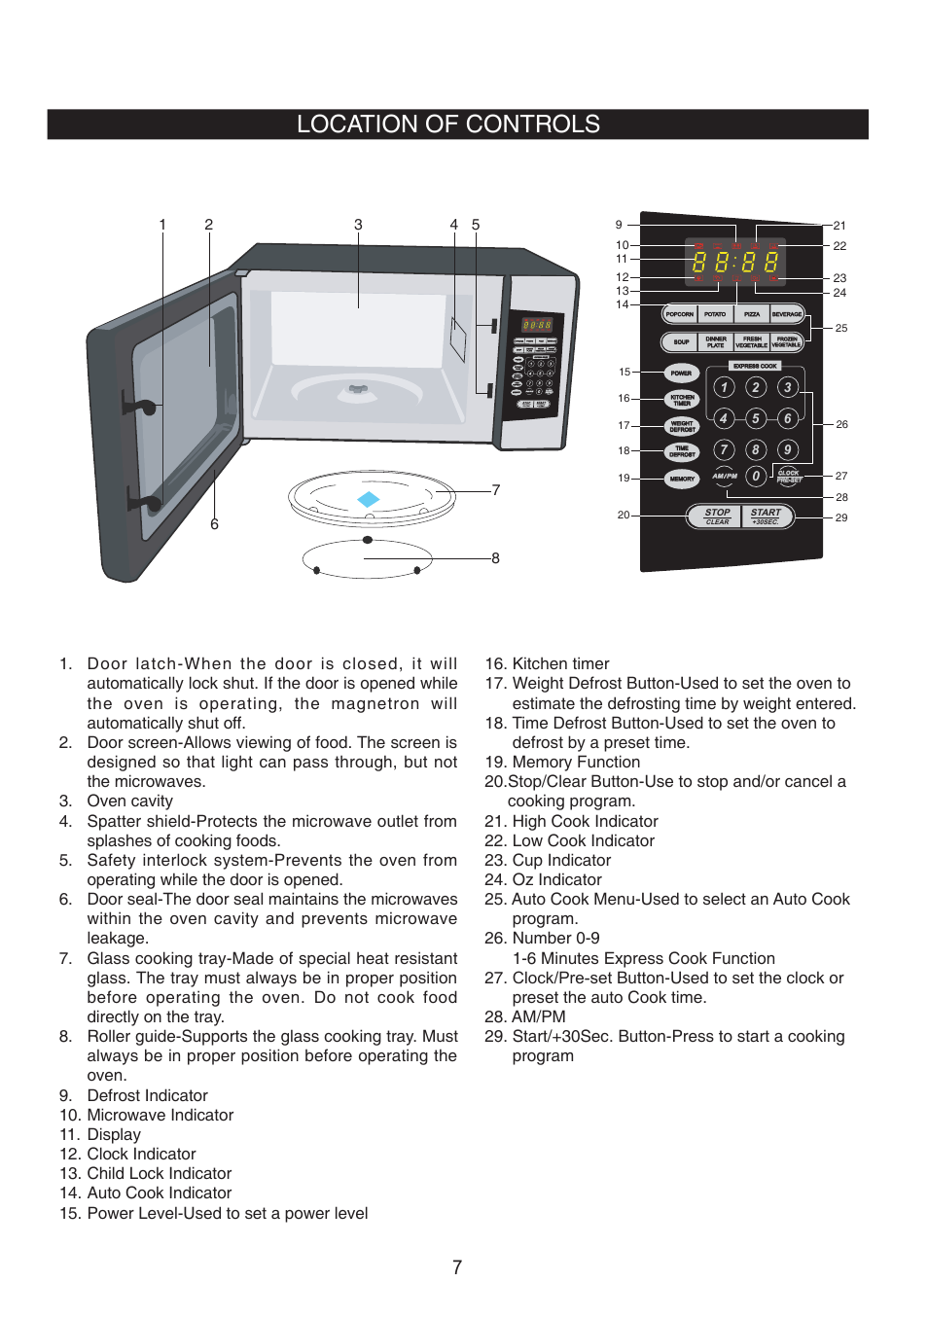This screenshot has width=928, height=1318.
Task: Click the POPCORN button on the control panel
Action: coord(679,314)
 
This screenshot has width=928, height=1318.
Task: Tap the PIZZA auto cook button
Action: coord(752,314)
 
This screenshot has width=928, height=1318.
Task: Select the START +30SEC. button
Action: coord(767,517)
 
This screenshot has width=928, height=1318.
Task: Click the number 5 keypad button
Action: coord(755,418)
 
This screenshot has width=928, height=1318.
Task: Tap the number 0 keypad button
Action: coord(755,476)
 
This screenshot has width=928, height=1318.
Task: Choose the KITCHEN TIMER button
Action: coord(682,400)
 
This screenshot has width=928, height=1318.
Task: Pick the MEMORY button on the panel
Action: coord(682,479)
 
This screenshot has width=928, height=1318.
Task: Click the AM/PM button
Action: coord(724,476)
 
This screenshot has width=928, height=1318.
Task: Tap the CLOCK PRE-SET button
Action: coord(788,476)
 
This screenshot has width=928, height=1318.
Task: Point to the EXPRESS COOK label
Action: coord(755,366)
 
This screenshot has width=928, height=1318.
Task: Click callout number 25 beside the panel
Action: coord(840,328)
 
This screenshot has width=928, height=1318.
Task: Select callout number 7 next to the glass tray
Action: coord(496,490)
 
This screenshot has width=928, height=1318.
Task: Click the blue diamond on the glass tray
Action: coord(368,499)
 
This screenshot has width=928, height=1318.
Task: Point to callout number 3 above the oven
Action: coord(358,225)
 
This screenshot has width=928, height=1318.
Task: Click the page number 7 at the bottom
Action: coord(457,1267)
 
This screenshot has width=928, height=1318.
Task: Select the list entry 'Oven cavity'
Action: coord(129,801)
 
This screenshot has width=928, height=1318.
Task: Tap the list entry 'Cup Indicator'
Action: coord(561,860)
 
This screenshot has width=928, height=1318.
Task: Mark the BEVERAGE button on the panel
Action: coord(787,314)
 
